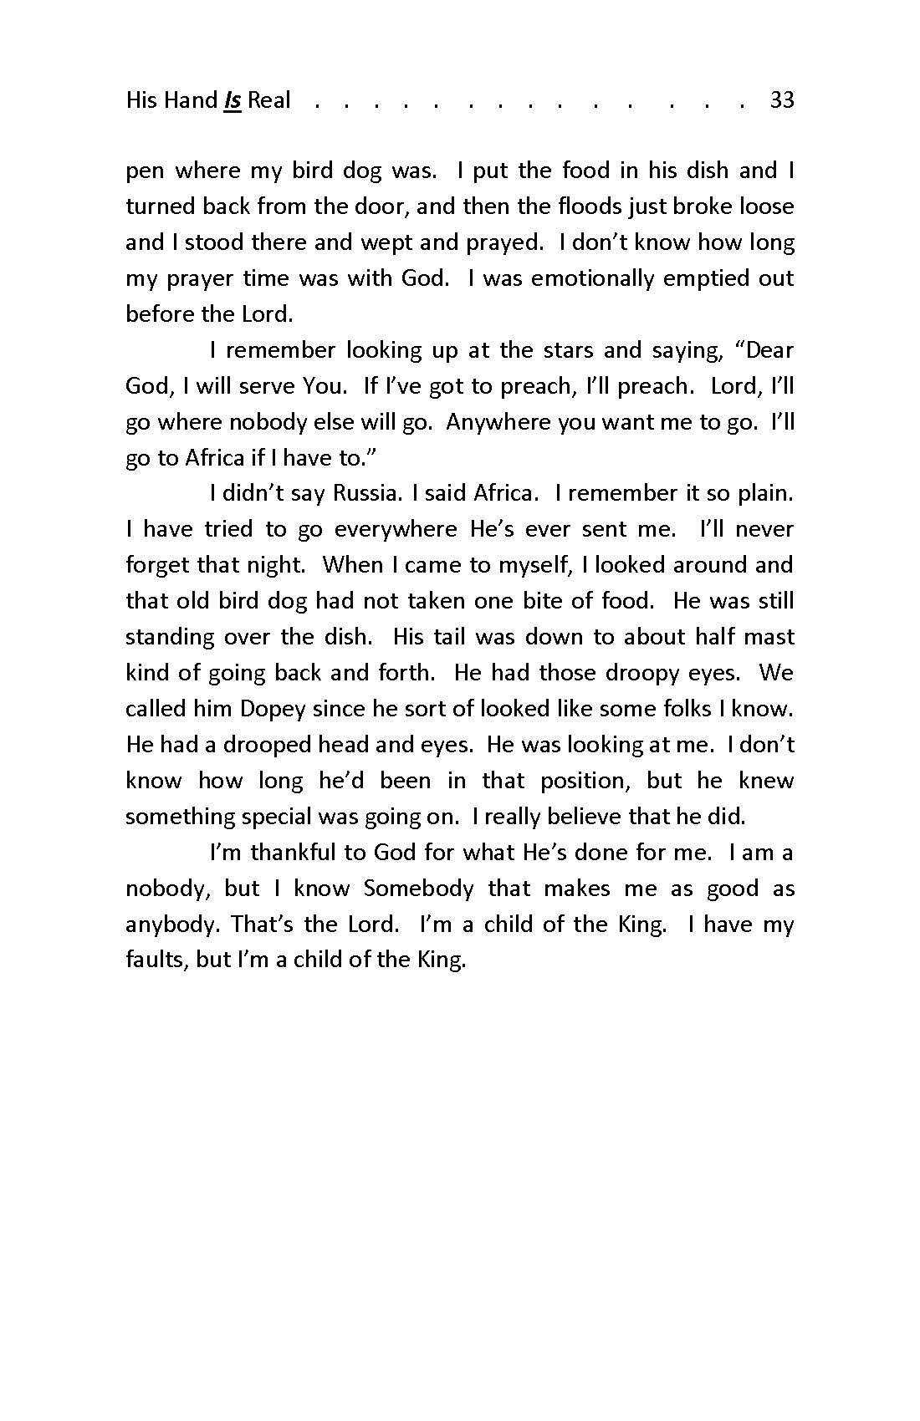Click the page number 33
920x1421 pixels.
[x=781, y=100]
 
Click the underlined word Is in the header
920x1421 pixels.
[x=233, y=100]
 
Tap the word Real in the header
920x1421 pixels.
[x=268, y=100]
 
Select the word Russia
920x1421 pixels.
[x=364, y=493]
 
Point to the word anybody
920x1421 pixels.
[x=172, y=924]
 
